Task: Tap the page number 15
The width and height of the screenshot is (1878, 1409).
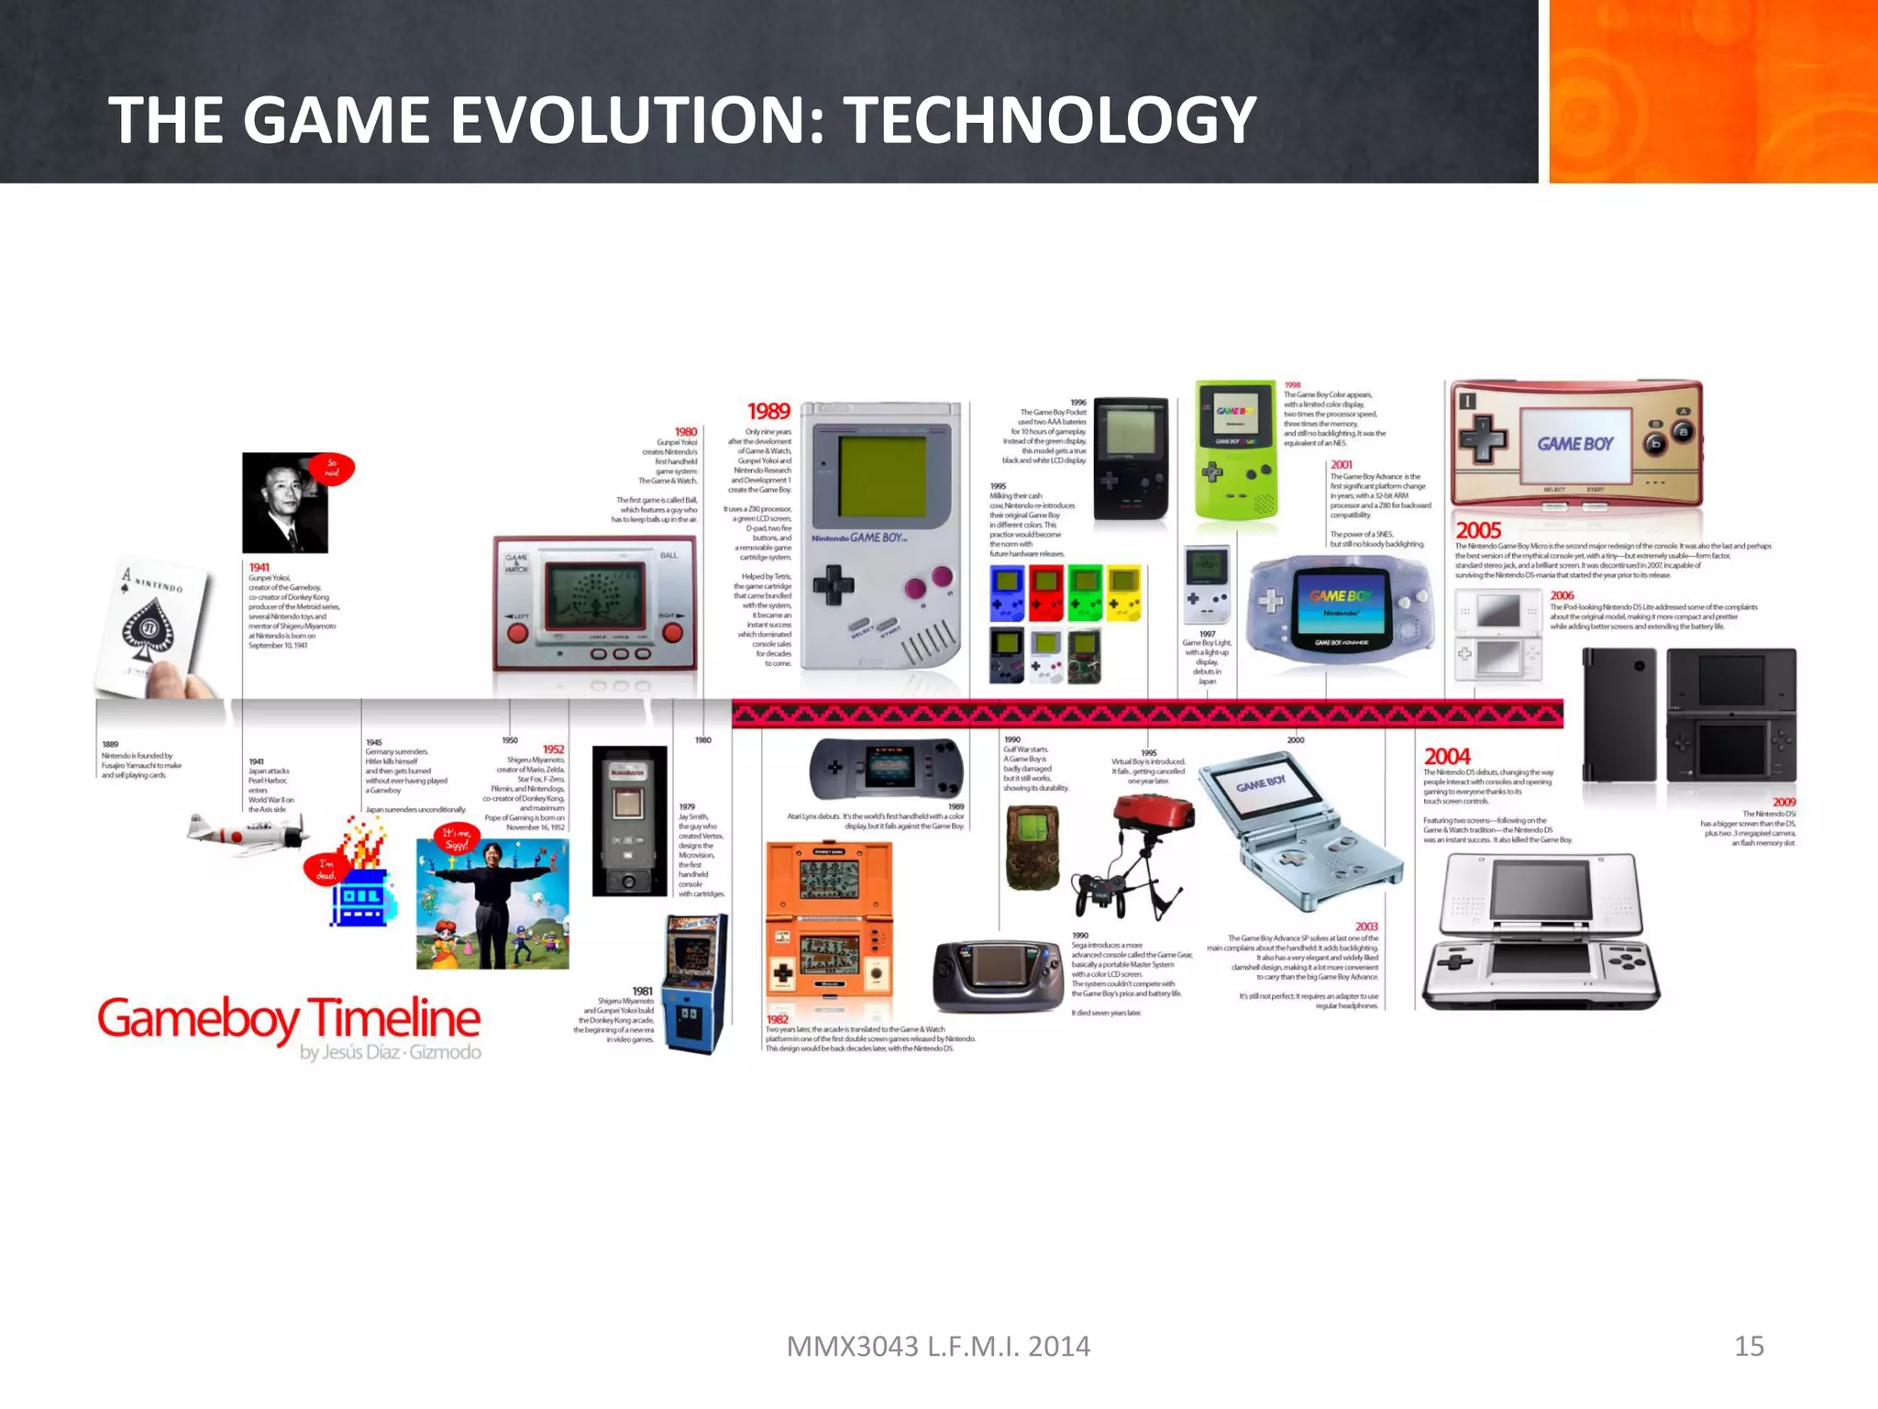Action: point(1749,1346)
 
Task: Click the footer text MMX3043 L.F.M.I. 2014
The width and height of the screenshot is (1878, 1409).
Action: point(938,1346)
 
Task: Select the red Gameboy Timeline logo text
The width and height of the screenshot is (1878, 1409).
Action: point(289,1018)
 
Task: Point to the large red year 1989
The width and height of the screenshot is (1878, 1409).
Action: point(768,412)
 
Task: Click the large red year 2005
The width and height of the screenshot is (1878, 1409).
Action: point(1478,530)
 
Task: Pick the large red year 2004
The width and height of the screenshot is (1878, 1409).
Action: point(1446,757)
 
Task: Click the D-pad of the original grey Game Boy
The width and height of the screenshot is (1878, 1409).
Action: point(833,584)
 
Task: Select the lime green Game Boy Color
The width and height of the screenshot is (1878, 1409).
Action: point(1234,449)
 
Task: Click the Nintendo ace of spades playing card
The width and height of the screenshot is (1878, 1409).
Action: point(155,629)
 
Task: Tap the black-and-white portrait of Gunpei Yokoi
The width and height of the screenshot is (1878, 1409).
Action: point(284,504)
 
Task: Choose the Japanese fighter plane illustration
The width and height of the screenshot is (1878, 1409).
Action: point(246,832)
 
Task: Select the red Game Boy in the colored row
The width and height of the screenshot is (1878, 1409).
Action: point(1045,592)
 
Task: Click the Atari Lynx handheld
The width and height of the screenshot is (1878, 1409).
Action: point(887,767)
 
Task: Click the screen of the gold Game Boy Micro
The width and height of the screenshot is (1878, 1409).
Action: point(1575,444)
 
